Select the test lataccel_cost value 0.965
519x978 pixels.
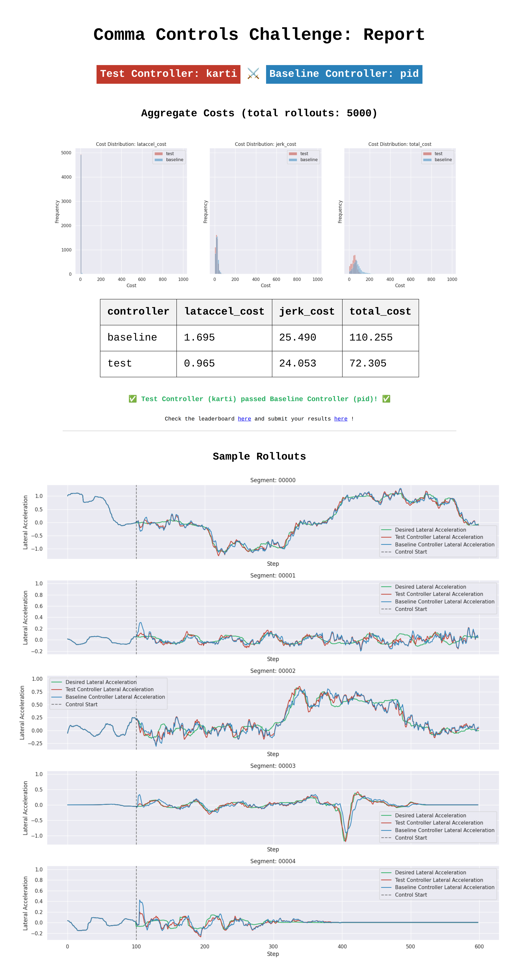pos(199,363)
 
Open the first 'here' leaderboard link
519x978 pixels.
pos(244,419)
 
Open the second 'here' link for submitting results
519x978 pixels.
pos(341,419)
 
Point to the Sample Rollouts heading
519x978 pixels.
pos(259,456)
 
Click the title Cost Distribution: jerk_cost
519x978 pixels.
pos(265,144)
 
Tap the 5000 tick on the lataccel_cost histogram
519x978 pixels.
pos(66,153)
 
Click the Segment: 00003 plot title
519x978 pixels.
pos(273,766)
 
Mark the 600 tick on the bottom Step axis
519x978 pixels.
pos(479,947)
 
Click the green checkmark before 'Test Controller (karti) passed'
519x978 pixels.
pos(133,399)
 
